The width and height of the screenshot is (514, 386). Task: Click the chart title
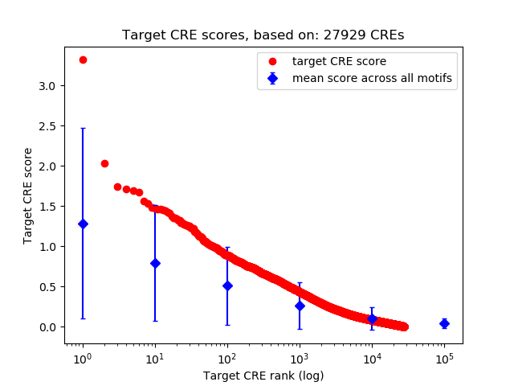click(x=263, y=35)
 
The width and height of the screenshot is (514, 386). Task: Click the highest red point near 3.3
click(x=83, y=60)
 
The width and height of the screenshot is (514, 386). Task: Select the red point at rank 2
click(x=104, y=163)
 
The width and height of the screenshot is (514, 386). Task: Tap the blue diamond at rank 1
click(x=83, y=224)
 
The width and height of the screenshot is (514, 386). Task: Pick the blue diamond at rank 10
click(x=155, y=263)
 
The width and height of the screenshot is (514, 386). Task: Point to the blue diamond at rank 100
click(x=227, y=285)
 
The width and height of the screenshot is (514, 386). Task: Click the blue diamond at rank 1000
click(x=300, y=306)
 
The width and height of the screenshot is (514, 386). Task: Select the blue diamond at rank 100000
click(x=444, y=323)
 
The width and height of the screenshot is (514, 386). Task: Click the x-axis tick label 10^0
click(x=82, y=359)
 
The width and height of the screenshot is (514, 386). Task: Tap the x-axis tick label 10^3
click(x=299, y=359)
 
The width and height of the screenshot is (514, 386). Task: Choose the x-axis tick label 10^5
click(x=443, y=359)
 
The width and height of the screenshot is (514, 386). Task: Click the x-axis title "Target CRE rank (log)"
click(x=263, y=376)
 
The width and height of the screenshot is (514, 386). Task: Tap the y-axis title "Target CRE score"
click(x=27, y=195)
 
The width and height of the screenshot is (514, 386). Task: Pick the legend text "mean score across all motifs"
click(x=372, y=78)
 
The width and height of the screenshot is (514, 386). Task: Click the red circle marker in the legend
click(x=272, y=61)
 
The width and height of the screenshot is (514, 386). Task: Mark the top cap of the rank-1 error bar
click(x=83, y=128)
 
